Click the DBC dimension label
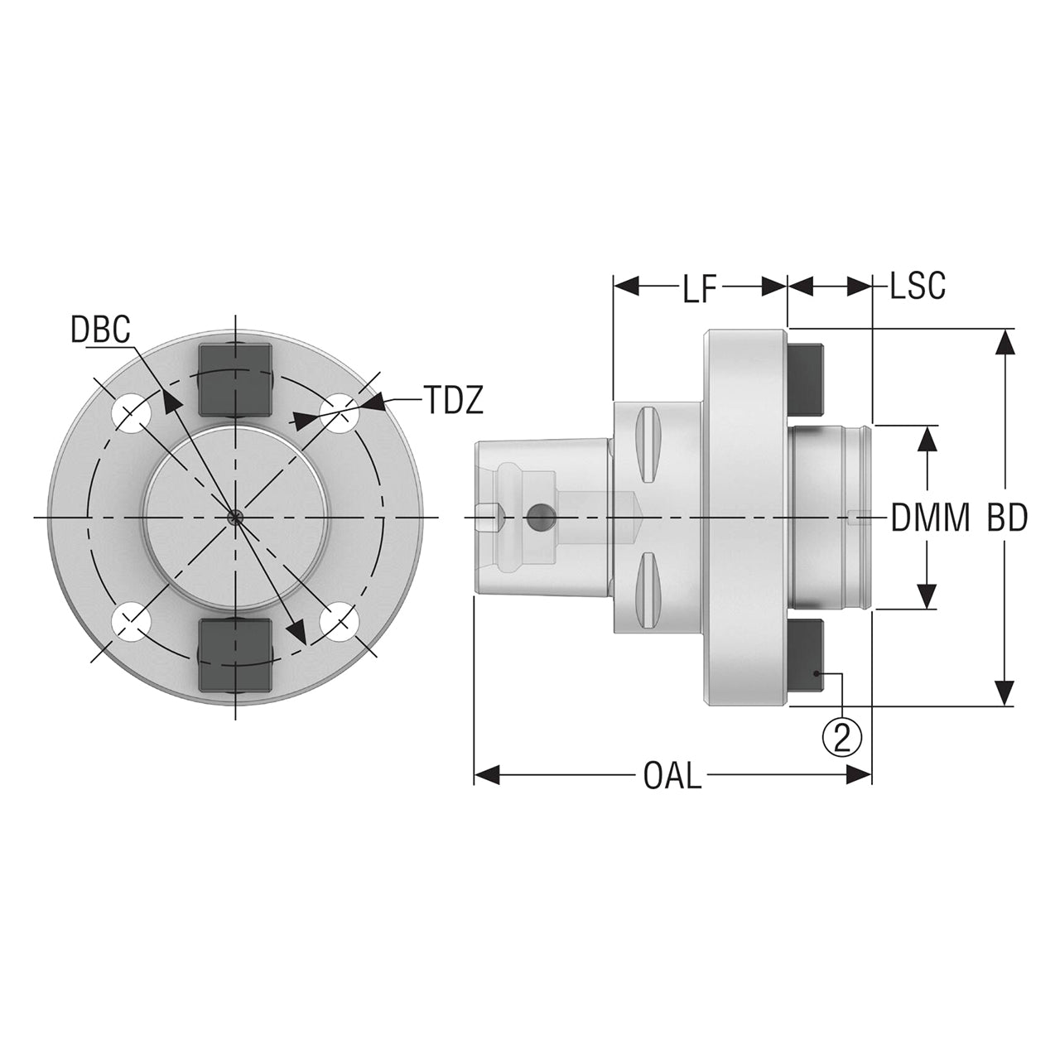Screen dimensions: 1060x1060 pyautogui.click(x=100, y=330)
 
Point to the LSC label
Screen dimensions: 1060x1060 pyautogui.click(x=918, y=287)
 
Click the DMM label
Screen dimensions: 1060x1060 pyautogui.click(x=930, y=518)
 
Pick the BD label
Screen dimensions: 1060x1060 pyautogui.click(x=1007, y=518)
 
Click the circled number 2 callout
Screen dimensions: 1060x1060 pyautogui.click(x=842, y=735)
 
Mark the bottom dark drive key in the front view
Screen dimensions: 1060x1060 pyautogui.click(x=236, y=655)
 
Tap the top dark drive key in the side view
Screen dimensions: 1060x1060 pyautogui.click(x=807, y=380)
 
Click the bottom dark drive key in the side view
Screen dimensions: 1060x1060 pyautogui.click(x=807, y=656)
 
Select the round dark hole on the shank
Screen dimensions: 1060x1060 pyautogui.click(x=542, y=518)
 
